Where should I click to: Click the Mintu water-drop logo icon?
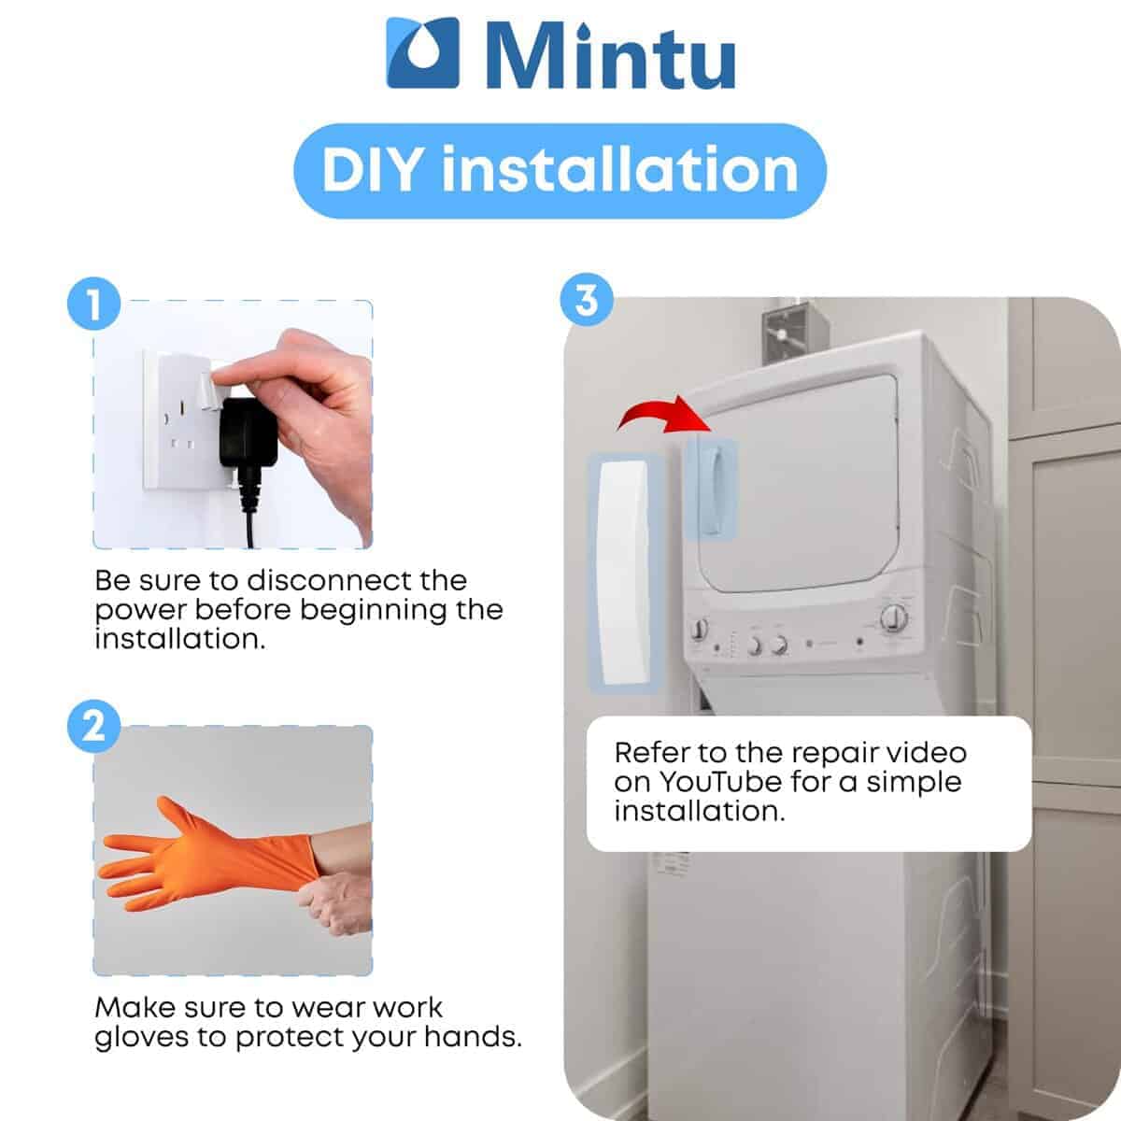pos(423,53)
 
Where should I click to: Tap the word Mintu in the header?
pos(611,56)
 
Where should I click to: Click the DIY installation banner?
pos(560,171)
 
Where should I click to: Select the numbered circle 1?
pos(93,304)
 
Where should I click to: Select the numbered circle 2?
pos(93,726)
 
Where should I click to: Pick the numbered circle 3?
pos(587,300)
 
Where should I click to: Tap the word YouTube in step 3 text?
pos(720,782)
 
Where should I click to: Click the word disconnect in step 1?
pos(357,580)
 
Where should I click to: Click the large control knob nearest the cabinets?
pos(894,617)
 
